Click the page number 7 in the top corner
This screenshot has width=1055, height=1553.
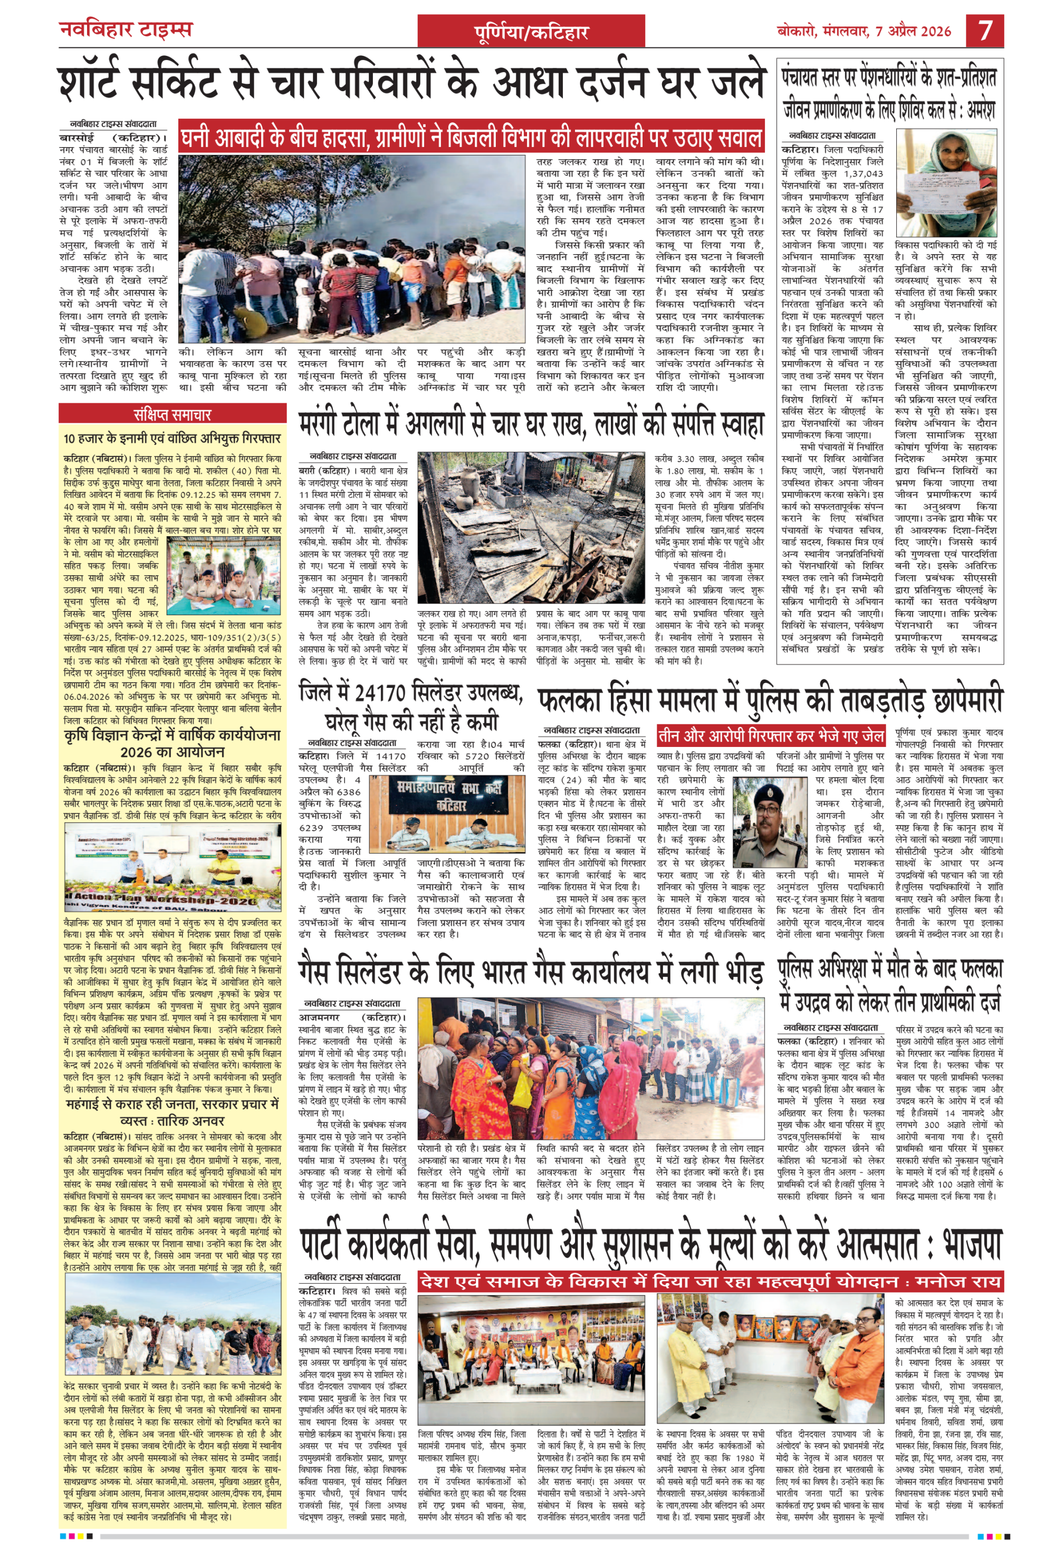(x=985, y=31)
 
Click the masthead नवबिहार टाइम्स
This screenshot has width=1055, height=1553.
(x=126, y=30)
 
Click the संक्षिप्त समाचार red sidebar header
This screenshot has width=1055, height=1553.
(x=172, y=415)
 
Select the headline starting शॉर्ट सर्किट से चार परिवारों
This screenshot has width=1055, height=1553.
(x=411, y=83)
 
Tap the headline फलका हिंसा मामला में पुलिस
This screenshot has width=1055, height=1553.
(x=770, y=699)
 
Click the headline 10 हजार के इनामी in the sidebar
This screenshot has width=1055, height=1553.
(x=172, y=439)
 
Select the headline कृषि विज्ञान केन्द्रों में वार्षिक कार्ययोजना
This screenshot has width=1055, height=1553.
(x=172, y=742)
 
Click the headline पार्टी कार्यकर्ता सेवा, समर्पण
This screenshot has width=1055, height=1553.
(x=650, y=1244)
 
